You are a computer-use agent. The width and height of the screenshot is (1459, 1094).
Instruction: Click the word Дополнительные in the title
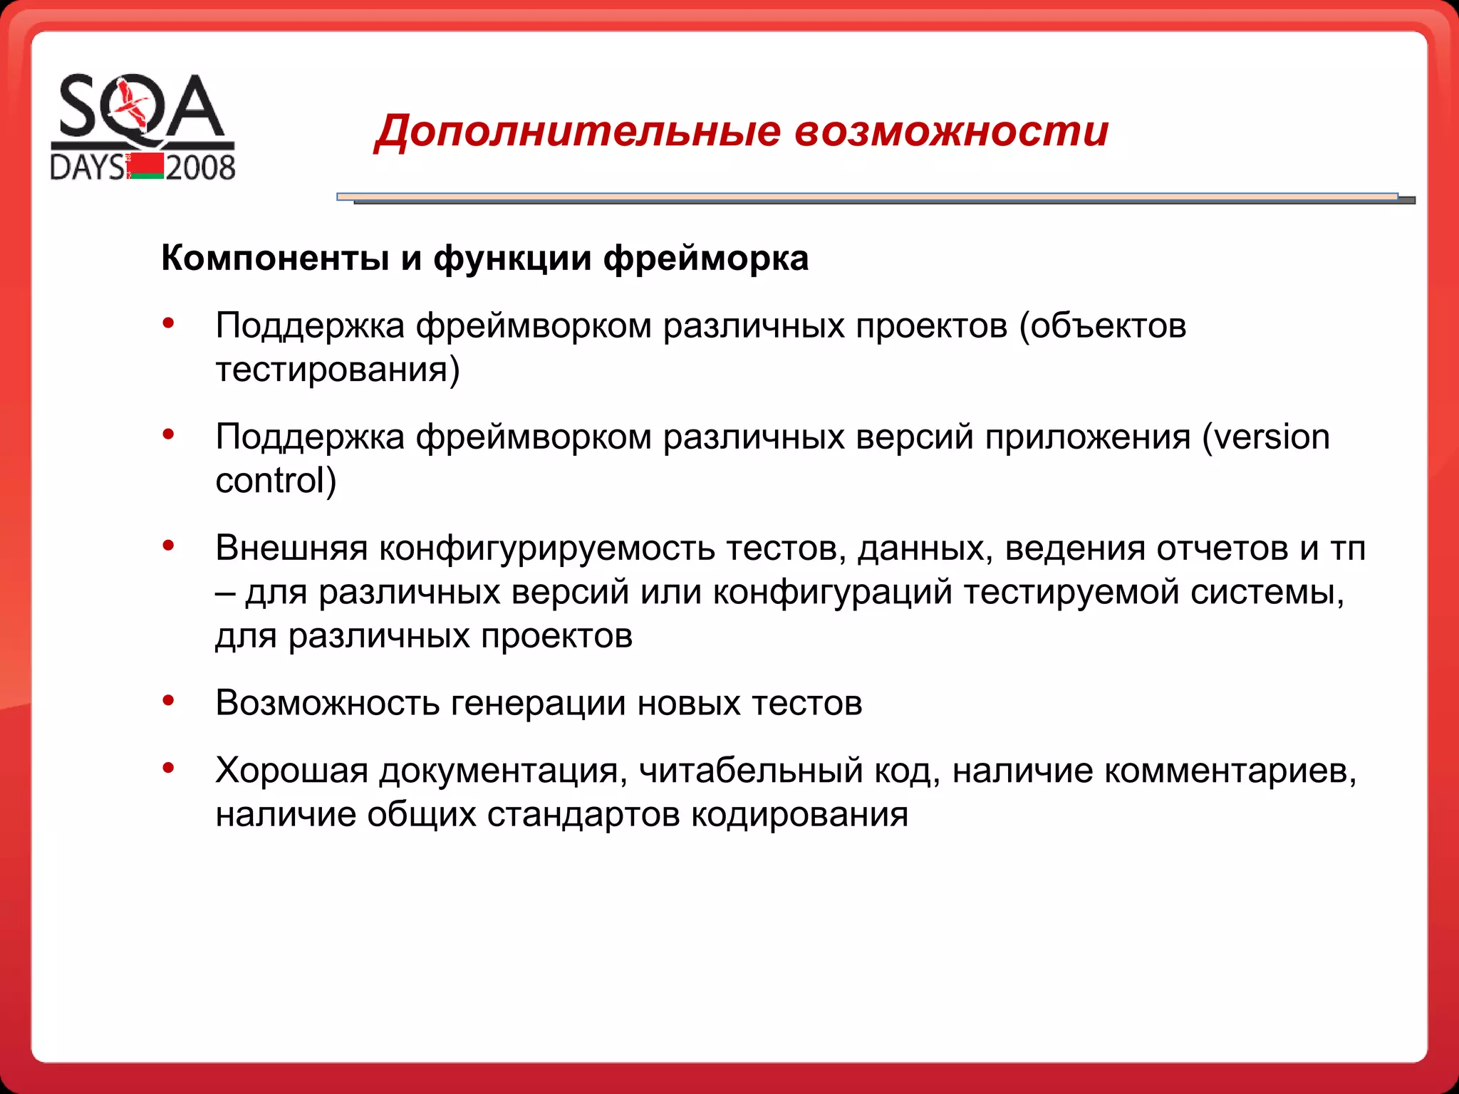tap(578, 132)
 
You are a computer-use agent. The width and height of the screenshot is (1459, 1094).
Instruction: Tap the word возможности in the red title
tap(951, 132)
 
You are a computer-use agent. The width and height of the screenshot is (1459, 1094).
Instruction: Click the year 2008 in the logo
tap(200, 168)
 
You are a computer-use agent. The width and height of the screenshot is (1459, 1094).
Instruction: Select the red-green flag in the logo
tap(147, 166)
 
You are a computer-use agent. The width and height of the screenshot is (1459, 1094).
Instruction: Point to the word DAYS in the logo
tap(87, 168)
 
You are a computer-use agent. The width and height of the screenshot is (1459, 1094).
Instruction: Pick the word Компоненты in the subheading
tap(275, 258)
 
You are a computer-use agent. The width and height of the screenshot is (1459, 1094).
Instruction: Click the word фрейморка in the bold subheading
tap(706, 258)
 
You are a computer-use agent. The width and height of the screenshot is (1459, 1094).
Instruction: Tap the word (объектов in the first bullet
tap(1103, 326)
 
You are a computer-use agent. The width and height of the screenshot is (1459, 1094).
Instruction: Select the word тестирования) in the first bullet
tap(338, 370)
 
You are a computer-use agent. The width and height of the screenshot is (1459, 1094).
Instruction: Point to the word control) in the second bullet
tap(276, 480)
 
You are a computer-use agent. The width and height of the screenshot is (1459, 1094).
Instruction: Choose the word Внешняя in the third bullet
tap(291, 548)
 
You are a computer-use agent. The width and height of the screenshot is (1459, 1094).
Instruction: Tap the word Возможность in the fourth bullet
tap(328, 703)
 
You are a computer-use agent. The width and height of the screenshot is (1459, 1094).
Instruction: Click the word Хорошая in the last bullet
tap(291, 771)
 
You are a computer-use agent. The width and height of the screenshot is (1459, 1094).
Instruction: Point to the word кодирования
tap(799, 814)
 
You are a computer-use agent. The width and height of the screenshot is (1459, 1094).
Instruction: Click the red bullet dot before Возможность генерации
tap(169, 700)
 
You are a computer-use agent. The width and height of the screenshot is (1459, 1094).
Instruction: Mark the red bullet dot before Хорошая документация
tap(169, 768)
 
